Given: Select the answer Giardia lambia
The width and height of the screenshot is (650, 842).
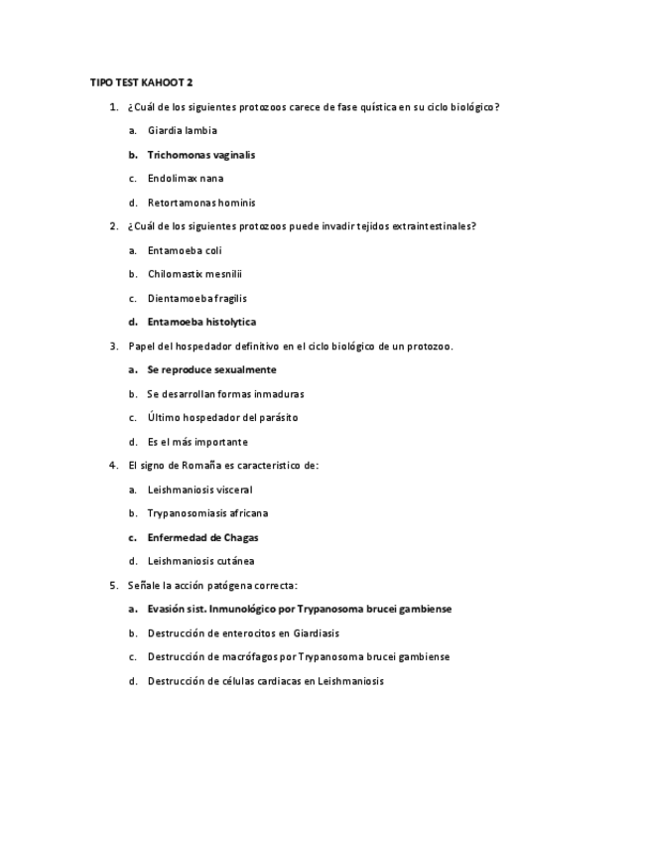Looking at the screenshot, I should [x=182, y=130].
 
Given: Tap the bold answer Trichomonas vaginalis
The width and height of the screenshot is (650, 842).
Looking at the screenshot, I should [x=200, y=154].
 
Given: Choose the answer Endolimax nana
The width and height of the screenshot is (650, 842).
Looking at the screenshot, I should [x=185, y=179].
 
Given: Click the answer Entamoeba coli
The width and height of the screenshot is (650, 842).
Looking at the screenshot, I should [x=185, y=250].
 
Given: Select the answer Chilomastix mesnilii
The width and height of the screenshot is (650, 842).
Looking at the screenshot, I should [x=195, y=274].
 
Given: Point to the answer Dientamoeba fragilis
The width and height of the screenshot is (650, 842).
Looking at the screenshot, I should [x=197, y=298].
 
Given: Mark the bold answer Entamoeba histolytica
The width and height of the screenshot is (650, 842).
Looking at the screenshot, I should [x=201, y=322].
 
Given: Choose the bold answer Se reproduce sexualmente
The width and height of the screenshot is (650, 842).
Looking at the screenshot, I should [x=211, y=369].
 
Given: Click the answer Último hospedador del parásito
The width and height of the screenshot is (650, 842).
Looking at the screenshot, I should [x=222, y=418].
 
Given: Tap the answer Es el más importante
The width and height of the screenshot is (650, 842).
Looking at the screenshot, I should [x=197, y=442].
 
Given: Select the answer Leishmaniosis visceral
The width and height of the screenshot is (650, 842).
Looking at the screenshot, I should [x=199, y=490].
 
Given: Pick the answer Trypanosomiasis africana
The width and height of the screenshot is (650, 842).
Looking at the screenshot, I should [x=207, y=513].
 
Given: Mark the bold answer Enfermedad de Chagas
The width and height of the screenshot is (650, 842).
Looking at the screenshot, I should [x=203, y=537].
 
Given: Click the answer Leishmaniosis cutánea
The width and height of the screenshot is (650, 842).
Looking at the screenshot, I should [x=200, y=561].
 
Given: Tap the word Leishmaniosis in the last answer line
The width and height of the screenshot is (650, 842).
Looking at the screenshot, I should [x=349, y=681].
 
